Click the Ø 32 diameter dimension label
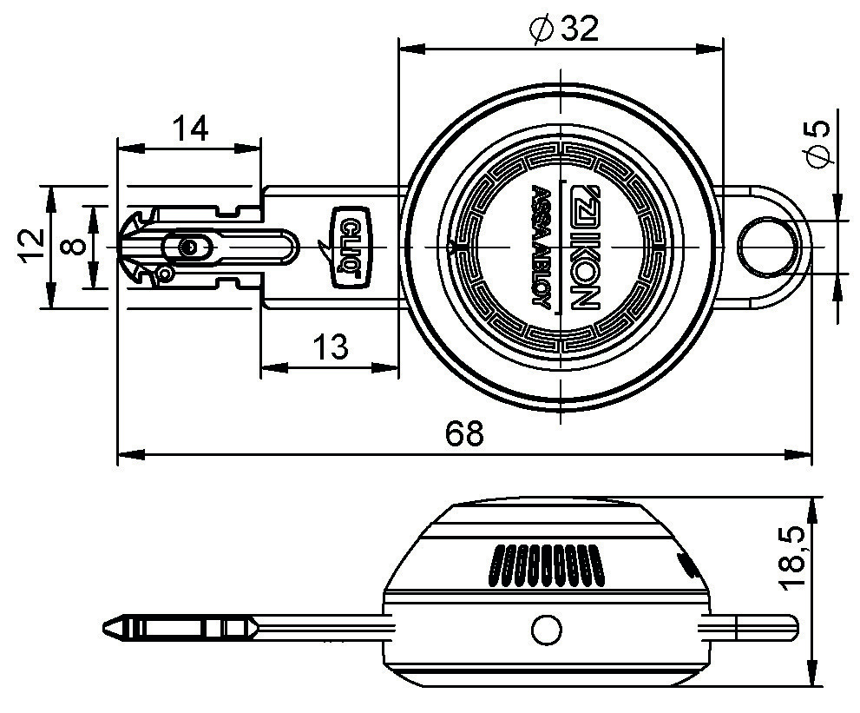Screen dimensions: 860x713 564,28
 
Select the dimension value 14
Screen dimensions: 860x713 190,129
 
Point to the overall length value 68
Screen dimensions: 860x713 464,433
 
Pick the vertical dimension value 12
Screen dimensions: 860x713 32,246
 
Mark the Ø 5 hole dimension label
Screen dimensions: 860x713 817,144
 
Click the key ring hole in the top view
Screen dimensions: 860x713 767,247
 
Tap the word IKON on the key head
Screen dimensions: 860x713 582,247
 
